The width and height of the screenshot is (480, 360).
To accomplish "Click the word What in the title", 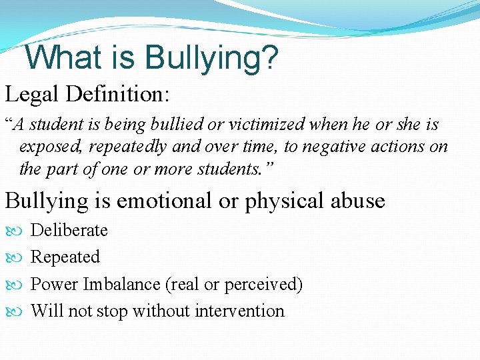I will click(61, 57).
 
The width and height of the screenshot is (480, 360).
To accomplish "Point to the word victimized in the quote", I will click(265, 125).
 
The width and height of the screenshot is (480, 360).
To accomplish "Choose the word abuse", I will click(359, 201).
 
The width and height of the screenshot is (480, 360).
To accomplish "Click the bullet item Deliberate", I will click(69, 231).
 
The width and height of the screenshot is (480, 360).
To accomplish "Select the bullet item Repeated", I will click(65, 257).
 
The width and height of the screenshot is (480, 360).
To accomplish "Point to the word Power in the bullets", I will click(55, 285).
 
